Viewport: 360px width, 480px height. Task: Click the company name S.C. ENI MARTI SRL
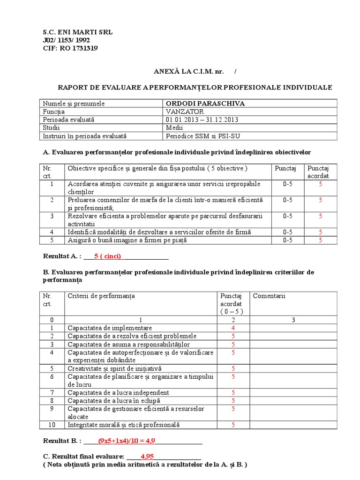pyautogui.click(x=77, y=32)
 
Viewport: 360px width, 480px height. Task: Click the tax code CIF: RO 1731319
pyautogui.click(x=70, y=48)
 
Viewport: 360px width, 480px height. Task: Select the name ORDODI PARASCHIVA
pyautogui.click(x=205, y=104)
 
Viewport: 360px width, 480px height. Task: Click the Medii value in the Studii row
pyautogui.click(x=175, y=128)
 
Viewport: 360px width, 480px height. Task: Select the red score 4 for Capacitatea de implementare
pyautogui.click(x=233, y=328)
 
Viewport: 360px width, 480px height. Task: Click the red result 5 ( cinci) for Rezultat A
pyautogui.click(x=107, y=256)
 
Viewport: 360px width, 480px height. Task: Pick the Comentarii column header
pyautogui.click(x=269, y=296)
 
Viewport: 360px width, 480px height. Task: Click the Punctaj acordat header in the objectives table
pyautogui.click(x=318, y=172)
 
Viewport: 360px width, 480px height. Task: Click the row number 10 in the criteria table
pyautogui.click(x=52, y=425)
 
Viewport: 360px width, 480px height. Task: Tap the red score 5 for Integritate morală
pyautogui.click(x=233, y=425)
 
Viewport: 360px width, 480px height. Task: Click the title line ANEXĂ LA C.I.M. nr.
pyautogui.click(x=190, y=71)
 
